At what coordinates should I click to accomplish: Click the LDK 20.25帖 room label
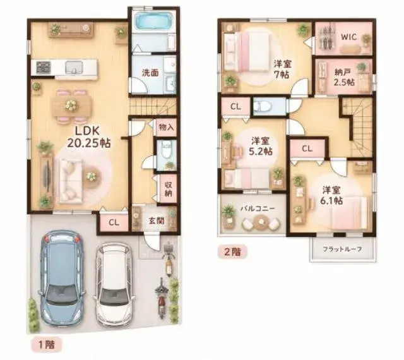89,137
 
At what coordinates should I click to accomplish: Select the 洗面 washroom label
150,73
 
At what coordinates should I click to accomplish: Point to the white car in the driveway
114,283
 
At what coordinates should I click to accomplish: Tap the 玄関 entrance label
157,221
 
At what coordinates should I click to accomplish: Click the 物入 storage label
166,127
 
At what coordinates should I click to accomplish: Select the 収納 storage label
169,189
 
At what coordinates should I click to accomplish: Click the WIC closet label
349,37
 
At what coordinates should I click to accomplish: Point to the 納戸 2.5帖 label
344,77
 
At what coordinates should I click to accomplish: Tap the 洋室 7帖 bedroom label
282,69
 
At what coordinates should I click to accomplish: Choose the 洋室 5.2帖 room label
260,147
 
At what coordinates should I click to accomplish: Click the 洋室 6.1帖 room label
331,195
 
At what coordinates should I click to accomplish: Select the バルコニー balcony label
258,208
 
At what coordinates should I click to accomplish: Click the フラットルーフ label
342,249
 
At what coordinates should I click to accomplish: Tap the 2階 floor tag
233,252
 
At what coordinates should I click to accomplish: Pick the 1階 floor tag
46,345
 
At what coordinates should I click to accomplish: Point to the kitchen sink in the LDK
74,68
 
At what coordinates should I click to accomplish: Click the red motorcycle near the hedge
161,298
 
